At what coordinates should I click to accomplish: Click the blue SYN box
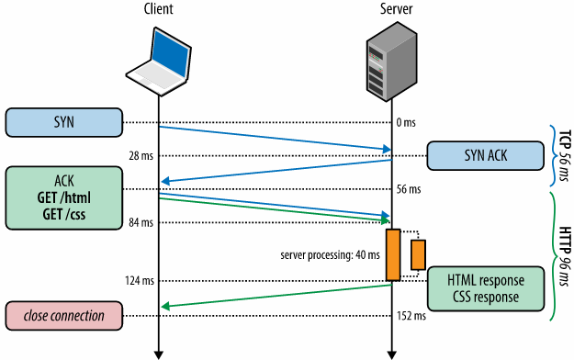pos(64,122)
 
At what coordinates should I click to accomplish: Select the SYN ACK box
pos(486,155)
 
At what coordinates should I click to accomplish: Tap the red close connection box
pos(64,316)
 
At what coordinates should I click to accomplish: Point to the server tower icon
pos(392,62)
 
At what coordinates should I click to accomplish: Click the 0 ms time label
pos(406,122)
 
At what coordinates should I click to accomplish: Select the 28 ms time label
pos(141,156)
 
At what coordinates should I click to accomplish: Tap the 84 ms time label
pos(141,222)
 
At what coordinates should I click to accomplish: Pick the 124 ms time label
pos(140,280)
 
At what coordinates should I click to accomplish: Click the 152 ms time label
pos(411,316)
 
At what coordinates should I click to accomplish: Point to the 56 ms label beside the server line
pos(409,189)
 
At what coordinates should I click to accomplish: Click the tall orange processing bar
pos(393,255)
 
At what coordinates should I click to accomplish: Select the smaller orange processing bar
pos(418,255)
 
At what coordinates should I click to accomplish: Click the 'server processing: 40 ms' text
pos(331,255)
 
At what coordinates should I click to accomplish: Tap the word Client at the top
pos(159,9)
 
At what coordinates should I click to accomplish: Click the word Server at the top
pos(397,9)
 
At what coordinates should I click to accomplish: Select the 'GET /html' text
pos(64,197)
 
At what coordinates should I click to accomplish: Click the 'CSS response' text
pos(486,297)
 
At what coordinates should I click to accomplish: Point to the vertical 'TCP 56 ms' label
pos(565,155)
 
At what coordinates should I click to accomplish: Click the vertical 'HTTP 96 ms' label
pos(565,256)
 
